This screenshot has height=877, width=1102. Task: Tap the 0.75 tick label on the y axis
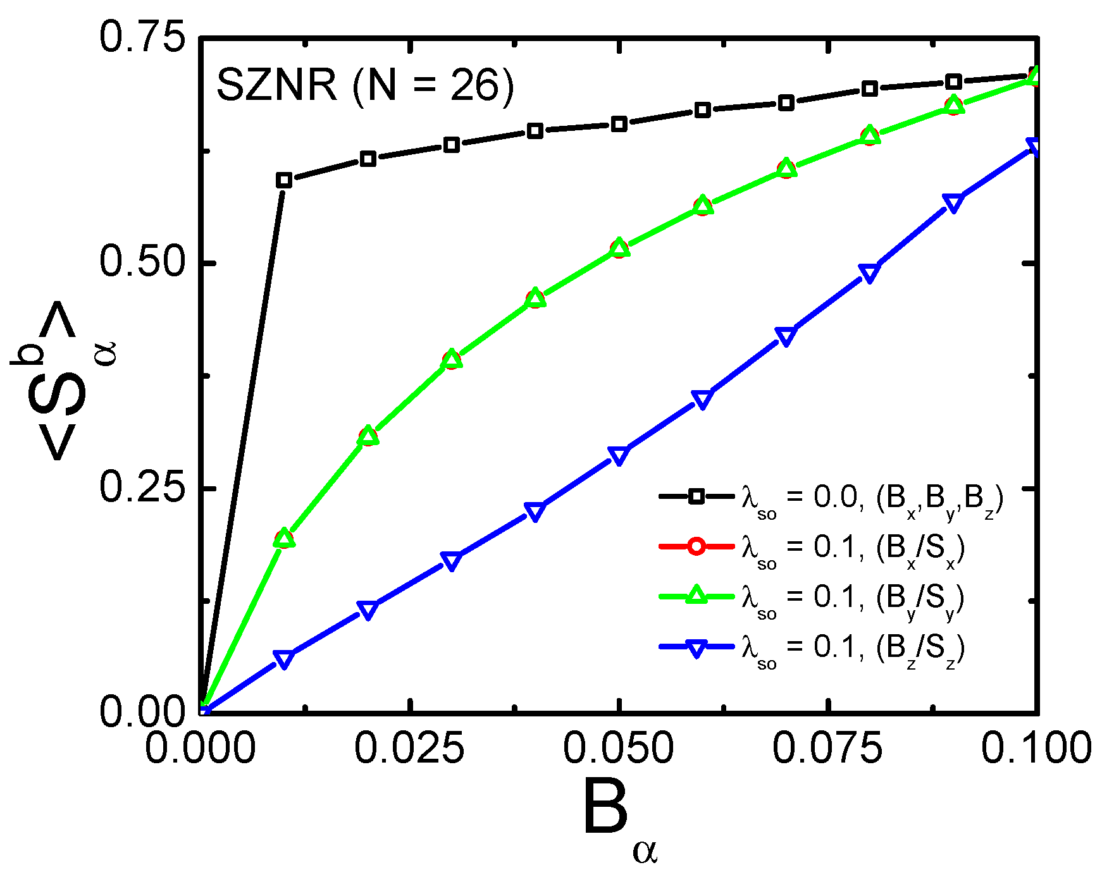141,37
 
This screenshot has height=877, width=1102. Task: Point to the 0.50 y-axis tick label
141,262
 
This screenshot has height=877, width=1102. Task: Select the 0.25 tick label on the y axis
141,488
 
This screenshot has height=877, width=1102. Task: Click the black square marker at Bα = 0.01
284,180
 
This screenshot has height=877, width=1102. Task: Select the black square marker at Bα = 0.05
619,124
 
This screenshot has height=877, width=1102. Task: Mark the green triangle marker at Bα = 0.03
451,359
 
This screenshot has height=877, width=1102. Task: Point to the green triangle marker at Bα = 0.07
786,167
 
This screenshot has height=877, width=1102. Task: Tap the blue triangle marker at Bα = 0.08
870,273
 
